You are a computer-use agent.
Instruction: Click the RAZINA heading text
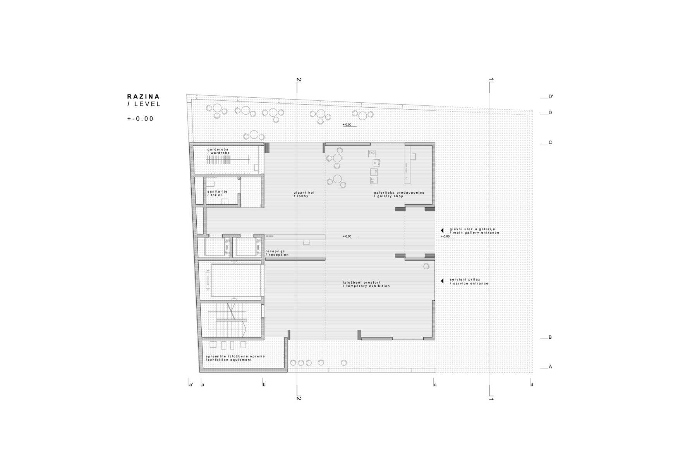[143, 96]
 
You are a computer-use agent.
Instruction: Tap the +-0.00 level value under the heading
[141, 119]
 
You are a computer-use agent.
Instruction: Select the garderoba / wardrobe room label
[218, 151]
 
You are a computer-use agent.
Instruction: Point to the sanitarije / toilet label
[217, 193]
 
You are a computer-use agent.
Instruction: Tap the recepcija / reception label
[277, 253]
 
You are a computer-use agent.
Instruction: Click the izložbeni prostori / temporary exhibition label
[366, 284]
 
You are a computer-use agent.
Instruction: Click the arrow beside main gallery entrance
[442, 231]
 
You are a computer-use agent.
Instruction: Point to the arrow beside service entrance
[442, 281]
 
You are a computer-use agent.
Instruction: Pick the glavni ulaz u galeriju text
[472, 229]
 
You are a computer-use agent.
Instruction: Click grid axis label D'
[550, 96]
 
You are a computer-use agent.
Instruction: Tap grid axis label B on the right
[550, 337]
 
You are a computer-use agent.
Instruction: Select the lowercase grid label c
[435, 385]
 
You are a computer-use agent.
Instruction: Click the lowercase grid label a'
[191, 385]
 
